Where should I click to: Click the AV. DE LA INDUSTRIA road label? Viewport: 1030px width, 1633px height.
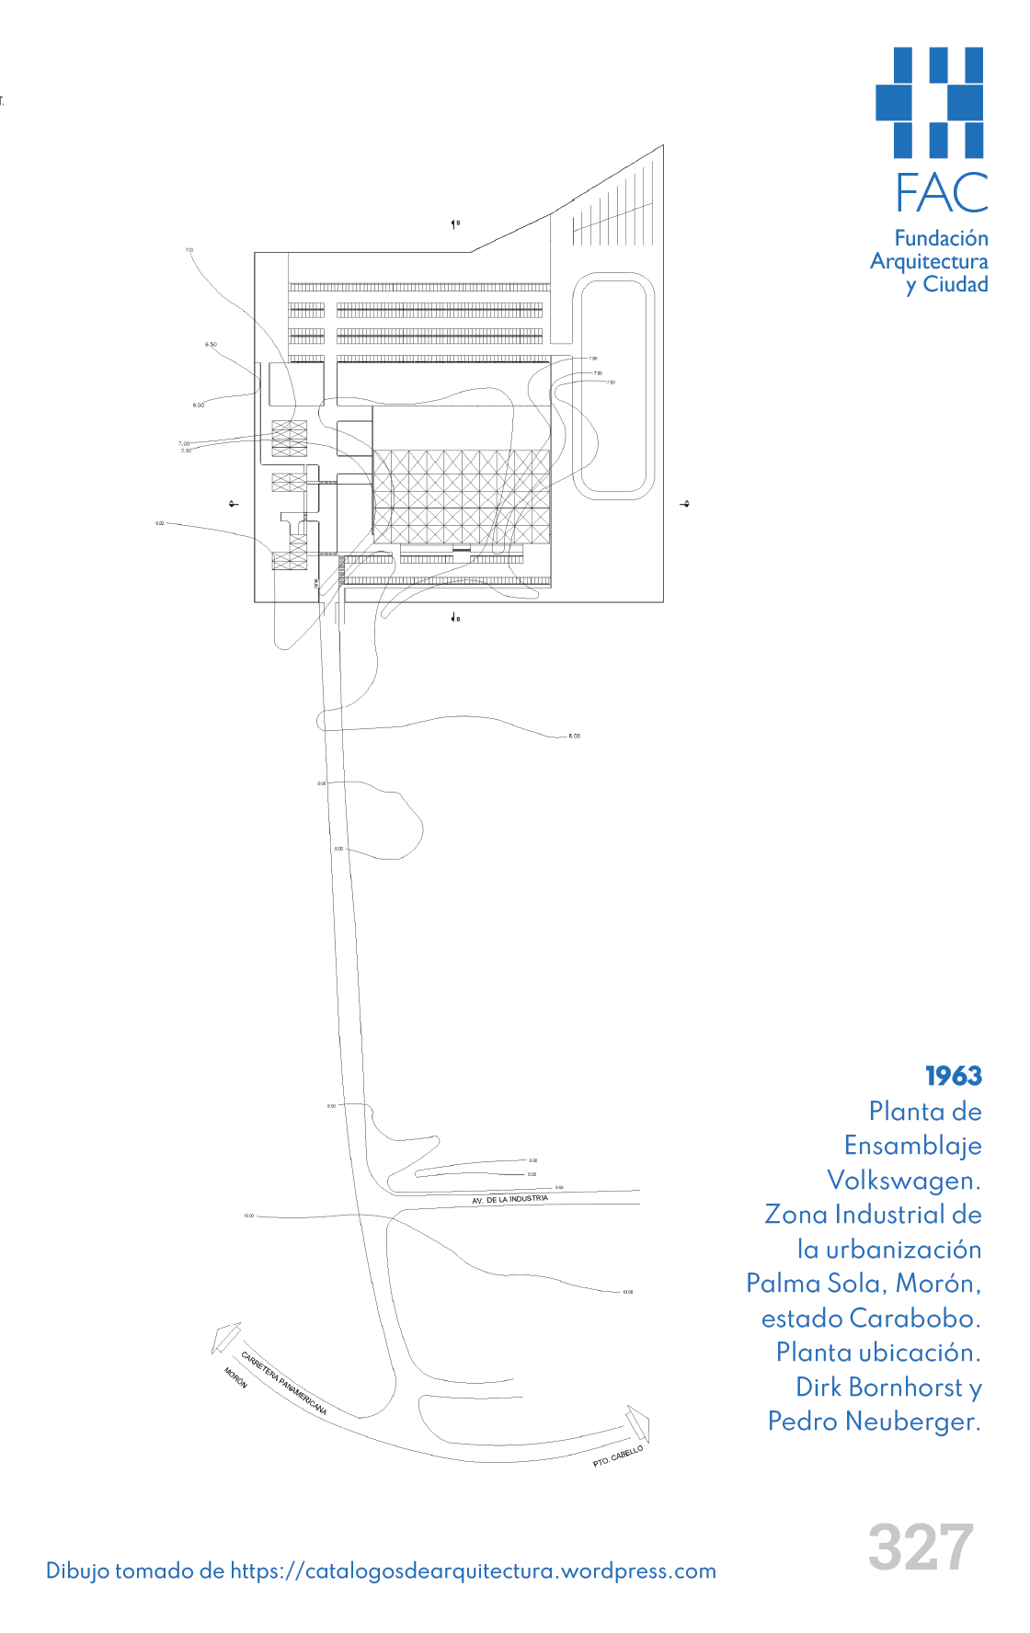tap(509, 1200)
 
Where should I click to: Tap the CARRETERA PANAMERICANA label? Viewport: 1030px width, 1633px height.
tap(283, 1382)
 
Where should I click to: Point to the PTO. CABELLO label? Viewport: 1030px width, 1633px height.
tap(618, 1456)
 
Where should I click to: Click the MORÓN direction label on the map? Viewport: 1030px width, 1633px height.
tap(235, 1377)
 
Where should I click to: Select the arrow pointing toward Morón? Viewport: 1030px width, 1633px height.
tap(225, 1337)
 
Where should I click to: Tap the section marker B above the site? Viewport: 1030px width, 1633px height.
tap(455, 223)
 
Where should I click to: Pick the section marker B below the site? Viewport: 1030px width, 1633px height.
tap(455, 618)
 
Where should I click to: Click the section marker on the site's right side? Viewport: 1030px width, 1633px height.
tap(684, 504)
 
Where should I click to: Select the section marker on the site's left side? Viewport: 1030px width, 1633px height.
tap(234, 504)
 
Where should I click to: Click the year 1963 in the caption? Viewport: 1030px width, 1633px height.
tap(954, 1076)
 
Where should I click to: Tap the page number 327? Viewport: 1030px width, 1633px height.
tap(921, 1547)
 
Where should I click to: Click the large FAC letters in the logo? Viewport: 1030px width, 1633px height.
tap(942, 193)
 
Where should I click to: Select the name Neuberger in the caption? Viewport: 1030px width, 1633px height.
tap(911, 1422)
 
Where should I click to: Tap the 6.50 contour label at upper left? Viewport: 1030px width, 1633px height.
tap(211, 345)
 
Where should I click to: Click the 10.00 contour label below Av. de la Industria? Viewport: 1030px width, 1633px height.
tap(627, 1292)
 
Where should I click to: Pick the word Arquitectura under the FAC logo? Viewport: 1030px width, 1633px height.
tap(929, 262)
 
